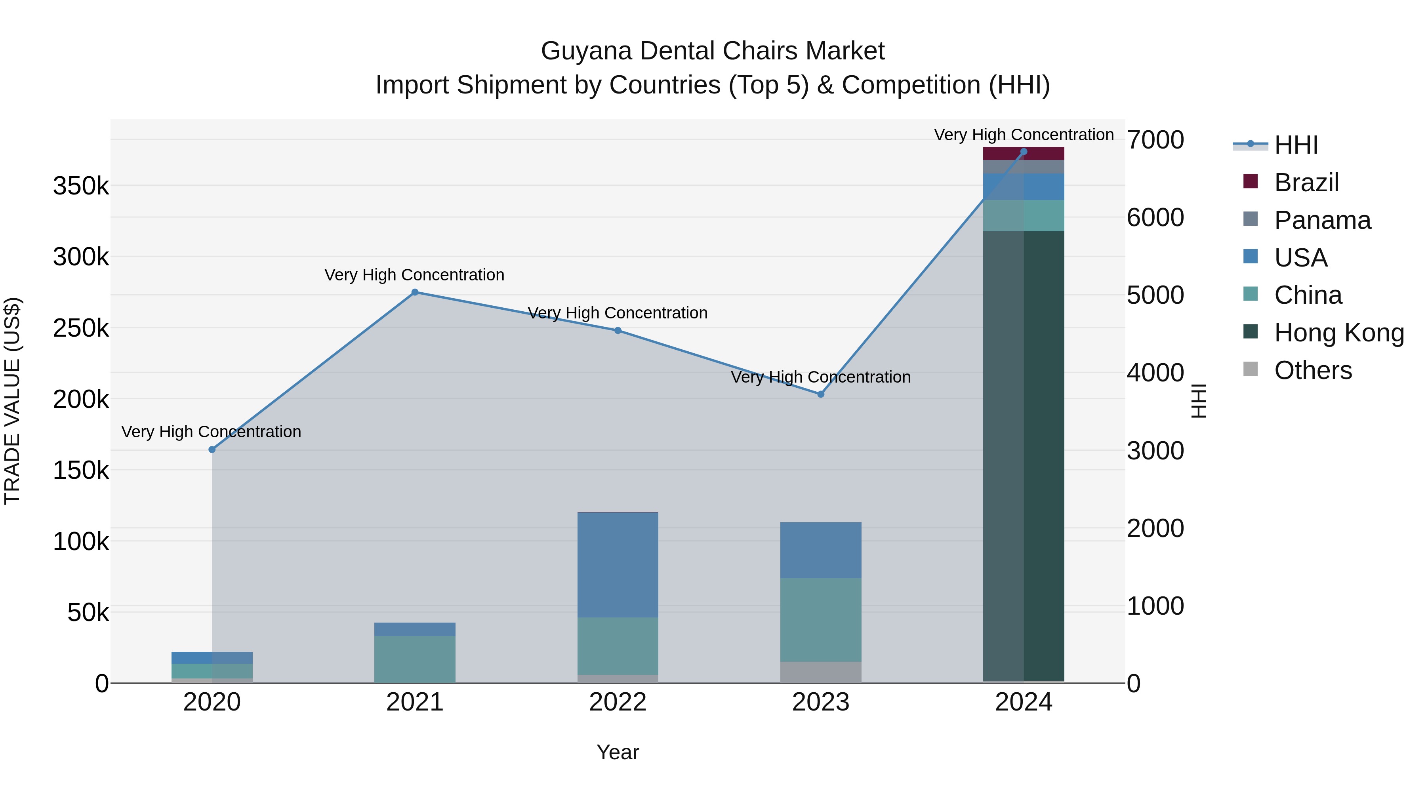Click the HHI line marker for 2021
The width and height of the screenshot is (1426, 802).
pos(415,292)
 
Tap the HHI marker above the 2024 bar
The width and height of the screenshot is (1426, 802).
pos(1024,152)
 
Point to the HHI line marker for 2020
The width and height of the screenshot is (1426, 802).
pos(212,450)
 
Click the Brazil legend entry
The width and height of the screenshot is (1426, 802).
pos(1306,183)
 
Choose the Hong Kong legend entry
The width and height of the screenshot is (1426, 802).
pos(1338,333)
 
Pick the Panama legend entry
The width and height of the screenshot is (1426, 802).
pos(1322,220)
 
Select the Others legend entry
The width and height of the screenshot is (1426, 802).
pos(1313,370)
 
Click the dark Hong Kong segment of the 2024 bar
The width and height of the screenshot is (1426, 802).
pos(1024,454)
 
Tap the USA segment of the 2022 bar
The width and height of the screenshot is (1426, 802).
pos(618,564)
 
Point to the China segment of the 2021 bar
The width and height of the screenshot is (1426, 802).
pos(415,659)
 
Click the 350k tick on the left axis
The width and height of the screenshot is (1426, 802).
pos(81,186)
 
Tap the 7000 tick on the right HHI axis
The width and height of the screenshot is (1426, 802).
pos(1155,140)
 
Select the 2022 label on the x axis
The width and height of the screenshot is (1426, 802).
pos(618,702)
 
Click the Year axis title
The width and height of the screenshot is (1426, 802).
pos(618,752)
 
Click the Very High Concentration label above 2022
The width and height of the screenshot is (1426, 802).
pos(618,313)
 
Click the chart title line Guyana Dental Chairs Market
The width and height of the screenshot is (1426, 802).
pos(713,51)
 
